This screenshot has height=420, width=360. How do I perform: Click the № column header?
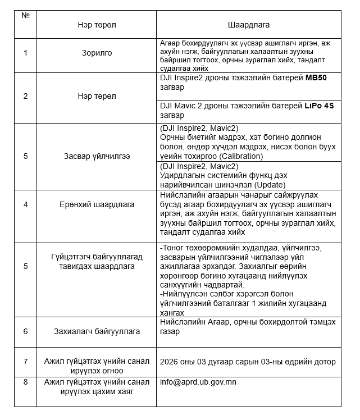coord(25,15)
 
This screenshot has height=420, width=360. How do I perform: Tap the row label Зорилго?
coord(97,53)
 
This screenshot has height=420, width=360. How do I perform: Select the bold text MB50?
coord(316,77)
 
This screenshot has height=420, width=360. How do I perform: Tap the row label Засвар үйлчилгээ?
coord(97,156)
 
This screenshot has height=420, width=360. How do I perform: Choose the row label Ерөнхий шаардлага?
coord(97,204)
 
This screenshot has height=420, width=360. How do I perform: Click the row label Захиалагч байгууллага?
coord(97,331)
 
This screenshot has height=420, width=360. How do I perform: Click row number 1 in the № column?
coord(25,53)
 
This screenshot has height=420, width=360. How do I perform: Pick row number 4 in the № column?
coord(25,204)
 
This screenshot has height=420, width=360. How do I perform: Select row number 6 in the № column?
coord(25,331)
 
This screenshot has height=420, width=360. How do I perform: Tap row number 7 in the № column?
coord(25,362)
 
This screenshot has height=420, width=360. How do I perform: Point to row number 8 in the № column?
coord(25,382)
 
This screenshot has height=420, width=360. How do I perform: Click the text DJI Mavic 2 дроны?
coord(193,105)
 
